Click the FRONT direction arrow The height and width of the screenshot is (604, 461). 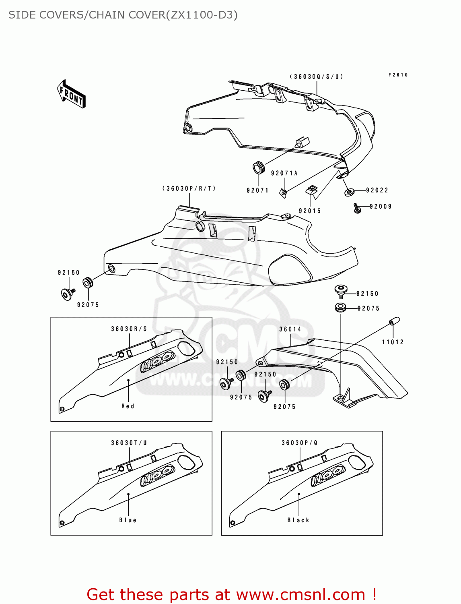point(71,94)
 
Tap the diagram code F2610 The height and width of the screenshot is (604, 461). point(398,75)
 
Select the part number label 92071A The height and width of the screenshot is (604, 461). point(284,173)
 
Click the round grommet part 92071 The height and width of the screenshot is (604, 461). point(258,167)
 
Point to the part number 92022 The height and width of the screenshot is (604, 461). point(377,190)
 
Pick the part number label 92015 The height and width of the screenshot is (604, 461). point(309,211)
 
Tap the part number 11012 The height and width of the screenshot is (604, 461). point(393,342)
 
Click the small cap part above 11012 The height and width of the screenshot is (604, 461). point(394,321)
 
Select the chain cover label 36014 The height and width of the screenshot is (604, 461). point(290,329)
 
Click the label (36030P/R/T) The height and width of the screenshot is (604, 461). point(189,188)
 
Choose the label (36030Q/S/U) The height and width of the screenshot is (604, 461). point(317,77)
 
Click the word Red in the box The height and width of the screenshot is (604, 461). point(128,406)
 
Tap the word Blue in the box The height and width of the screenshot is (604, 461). point(128,520)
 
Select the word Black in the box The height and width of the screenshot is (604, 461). point(298,520)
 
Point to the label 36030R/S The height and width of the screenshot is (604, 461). point(129,329)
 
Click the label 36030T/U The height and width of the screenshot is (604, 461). point(129,443)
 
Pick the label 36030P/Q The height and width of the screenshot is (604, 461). point(300,443)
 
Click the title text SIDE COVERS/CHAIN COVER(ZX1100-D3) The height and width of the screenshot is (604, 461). point(123,15)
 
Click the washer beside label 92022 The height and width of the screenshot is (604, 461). point(349,192)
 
